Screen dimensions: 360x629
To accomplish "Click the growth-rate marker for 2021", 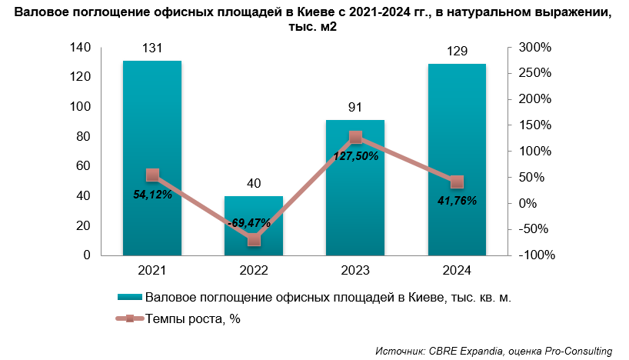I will (x=152, y=175).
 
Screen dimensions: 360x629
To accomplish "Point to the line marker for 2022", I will (x=254, y=240).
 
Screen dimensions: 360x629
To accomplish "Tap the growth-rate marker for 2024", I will (x=457, y=182).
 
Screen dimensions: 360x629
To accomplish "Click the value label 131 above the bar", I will (x=151, y=48).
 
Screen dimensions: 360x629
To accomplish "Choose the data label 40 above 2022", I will (x=254, y=183).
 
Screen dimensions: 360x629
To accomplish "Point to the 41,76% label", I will (x=456, y=201).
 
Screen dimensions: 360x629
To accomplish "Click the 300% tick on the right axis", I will (x=535, y=48).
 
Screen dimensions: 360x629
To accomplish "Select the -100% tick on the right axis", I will (x=535, y=255).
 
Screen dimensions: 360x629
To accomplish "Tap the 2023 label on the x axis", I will (x=354, y=271).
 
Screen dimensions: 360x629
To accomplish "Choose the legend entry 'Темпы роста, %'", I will (x=193, y=318).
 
